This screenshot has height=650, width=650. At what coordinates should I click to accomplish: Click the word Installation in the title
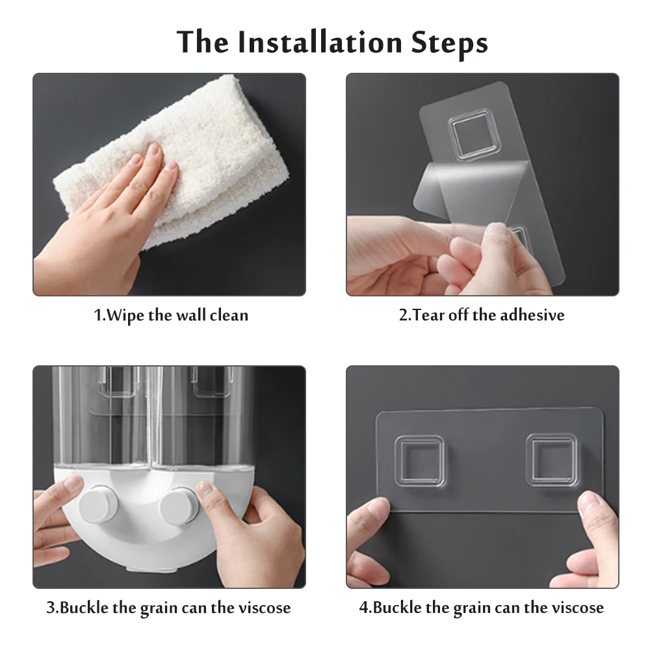pos(320,42)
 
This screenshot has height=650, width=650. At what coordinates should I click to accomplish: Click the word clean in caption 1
pos(229,315)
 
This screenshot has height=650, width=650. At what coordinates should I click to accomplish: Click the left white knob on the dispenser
pos(98,504)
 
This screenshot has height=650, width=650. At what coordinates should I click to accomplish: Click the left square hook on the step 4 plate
pos(419,461)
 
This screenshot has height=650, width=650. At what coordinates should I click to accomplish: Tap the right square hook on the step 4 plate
pos(552,460)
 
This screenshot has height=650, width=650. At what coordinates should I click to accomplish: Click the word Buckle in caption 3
pos(84,608)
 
